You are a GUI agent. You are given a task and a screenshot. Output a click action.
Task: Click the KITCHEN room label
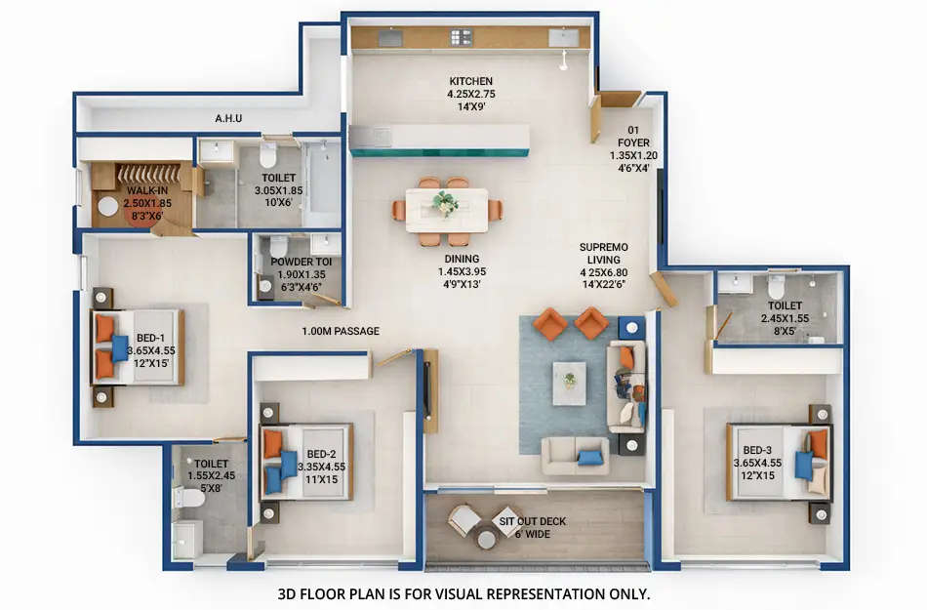(470, 81)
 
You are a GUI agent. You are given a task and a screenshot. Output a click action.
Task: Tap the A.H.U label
(228, 119)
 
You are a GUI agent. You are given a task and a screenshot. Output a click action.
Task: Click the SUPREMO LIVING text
(602, 247)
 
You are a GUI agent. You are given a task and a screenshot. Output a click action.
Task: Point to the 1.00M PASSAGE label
(340, 331)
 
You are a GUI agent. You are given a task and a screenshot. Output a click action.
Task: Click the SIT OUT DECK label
(532, 521)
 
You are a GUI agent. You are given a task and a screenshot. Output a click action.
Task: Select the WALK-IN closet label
(147, 190)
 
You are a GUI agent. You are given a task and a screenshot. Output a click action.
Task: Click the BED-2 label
(321, 454)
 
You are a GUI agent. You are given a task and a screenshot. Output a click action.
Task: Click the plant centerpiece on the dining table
(446, 203)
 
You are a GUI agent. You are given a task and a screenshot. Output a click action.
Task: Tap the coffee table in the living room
(569, 383)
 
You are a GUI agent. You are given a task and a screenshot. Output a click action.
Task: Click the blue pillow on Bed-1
(120, 348)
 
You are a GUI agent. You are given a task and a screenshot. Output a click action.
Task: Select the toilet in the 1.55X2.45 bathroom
(189, 498)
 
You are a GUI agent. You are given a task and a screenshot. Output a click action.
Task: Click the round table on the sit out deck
(486, 539)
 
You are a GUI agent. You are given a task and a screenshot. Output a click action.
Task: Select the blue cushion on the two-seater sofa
(589, 457)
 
